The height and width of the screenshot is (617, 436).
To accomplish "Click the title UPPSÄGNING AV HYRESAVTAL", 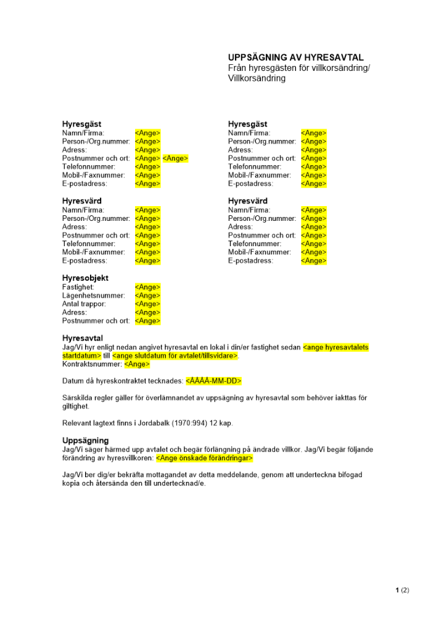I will pos(295,57).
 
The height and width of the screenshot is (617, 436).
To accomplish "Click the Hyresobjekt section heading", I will pos(85,278).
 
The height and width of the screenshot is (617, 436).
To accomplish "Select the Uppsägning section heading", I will pos(85,441).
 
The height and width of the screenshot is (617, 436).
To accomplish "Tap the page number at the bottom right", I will pos(402,590).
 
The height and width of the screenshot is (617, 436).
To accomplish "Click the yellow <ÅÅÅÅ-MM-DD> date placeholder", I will pos(213,381).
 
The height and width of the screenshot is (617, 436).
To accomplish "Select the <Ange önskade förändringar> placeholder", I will pos(204,458).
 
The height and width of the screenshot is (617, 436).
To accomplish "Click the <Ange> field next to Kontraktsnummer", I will pos(136,364).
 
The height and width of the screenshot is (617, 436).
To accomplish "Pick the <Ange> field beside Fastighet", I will pos(147,288).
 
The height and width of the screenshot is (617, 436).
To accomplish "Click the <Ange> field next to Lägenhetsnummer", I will pos(147,296).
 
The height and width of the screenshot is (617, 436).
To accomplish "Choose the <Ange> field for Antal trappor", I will pos(147,304).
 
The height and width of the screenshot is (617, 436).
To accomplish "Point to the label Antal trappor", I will pos(84,304).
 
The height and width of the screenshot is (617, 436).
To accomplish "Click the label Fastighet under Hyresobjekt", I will pos(78,288).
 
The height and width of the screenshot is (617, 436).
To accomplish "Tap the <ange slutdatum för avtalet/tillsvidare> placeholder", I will pos(175,356).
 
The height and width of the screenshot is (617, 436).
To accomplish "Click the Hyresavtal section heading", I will pos(83,338).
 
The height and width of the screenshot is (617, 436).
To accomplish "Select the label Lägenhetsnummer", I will pos(93,296).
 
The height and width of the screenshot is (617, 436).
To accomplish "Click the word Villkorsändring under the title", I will pos(257,78).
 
